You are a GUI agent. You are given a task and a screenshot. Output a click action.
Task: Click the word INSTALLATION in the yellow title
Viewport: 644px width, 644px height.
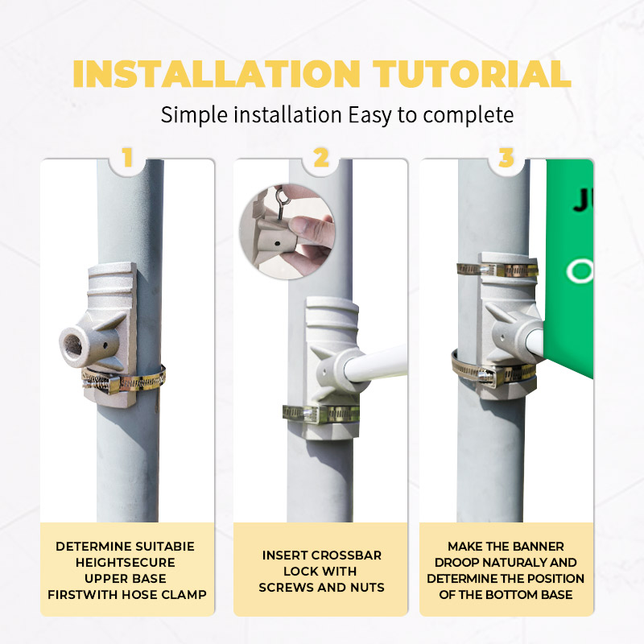click(x=217, y=74)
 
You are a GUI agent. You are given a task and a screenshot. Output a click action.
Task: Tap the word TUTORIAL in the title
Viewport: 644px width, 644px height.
click(x=472, y=74)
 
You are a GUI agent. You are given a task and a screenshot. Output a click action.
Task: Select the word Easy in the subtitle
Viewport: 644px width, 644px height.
click(x=370, y=115)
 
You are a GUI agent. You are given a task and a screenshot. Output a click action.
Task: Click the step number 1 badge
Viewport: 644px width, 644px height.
click(x=127, y=157)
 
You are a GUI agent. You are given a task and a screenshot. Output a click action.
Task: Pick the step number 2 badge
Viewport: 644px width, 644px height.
click(x=320, y=157)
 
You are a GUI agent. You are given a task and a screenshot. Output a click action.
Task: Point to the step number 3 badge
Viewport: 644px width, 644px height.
click(x=506, y=157)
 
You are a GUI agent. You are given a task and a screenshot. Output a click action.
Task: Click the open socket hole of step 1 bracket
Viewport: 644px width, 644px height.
click(x=73, y=345)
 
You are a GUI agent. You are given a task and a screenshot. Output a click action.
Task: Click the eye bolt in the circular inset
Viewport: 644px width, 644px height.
click(x=283, y=203)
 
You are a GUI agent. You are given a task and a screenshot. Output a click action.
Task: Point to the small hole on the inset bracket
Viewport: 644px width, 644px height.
click(x=278, y=244)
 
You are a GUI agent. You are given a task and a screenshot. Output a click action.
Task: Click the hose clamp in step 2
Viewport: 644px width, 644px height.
click(x=321, y=414)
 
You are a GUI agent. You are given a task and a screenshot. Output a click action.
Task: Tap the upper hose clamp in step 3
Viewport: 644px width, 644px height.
click(x=497, y=270)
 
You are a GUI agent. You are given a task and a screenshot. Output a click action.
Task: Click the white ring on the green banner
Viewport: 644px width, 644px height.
click(x=580, y=271)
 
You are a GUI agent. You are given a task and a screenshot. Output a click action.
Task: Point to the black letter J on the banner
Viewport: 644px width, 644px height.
click(x=582, y=200)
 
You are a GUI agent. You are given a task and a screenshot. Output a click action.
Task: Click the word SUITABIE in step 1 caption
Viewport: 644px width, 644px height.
click(x=165, y=547)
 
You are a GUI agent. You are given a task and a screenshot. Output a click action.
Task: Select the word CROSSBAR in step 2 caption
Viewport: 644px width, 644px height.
click(x=346, y=555)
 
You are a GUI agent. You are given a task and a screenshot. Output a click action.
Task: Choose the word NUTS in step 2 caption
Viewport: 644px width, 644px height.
click(x=367, y=588)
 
